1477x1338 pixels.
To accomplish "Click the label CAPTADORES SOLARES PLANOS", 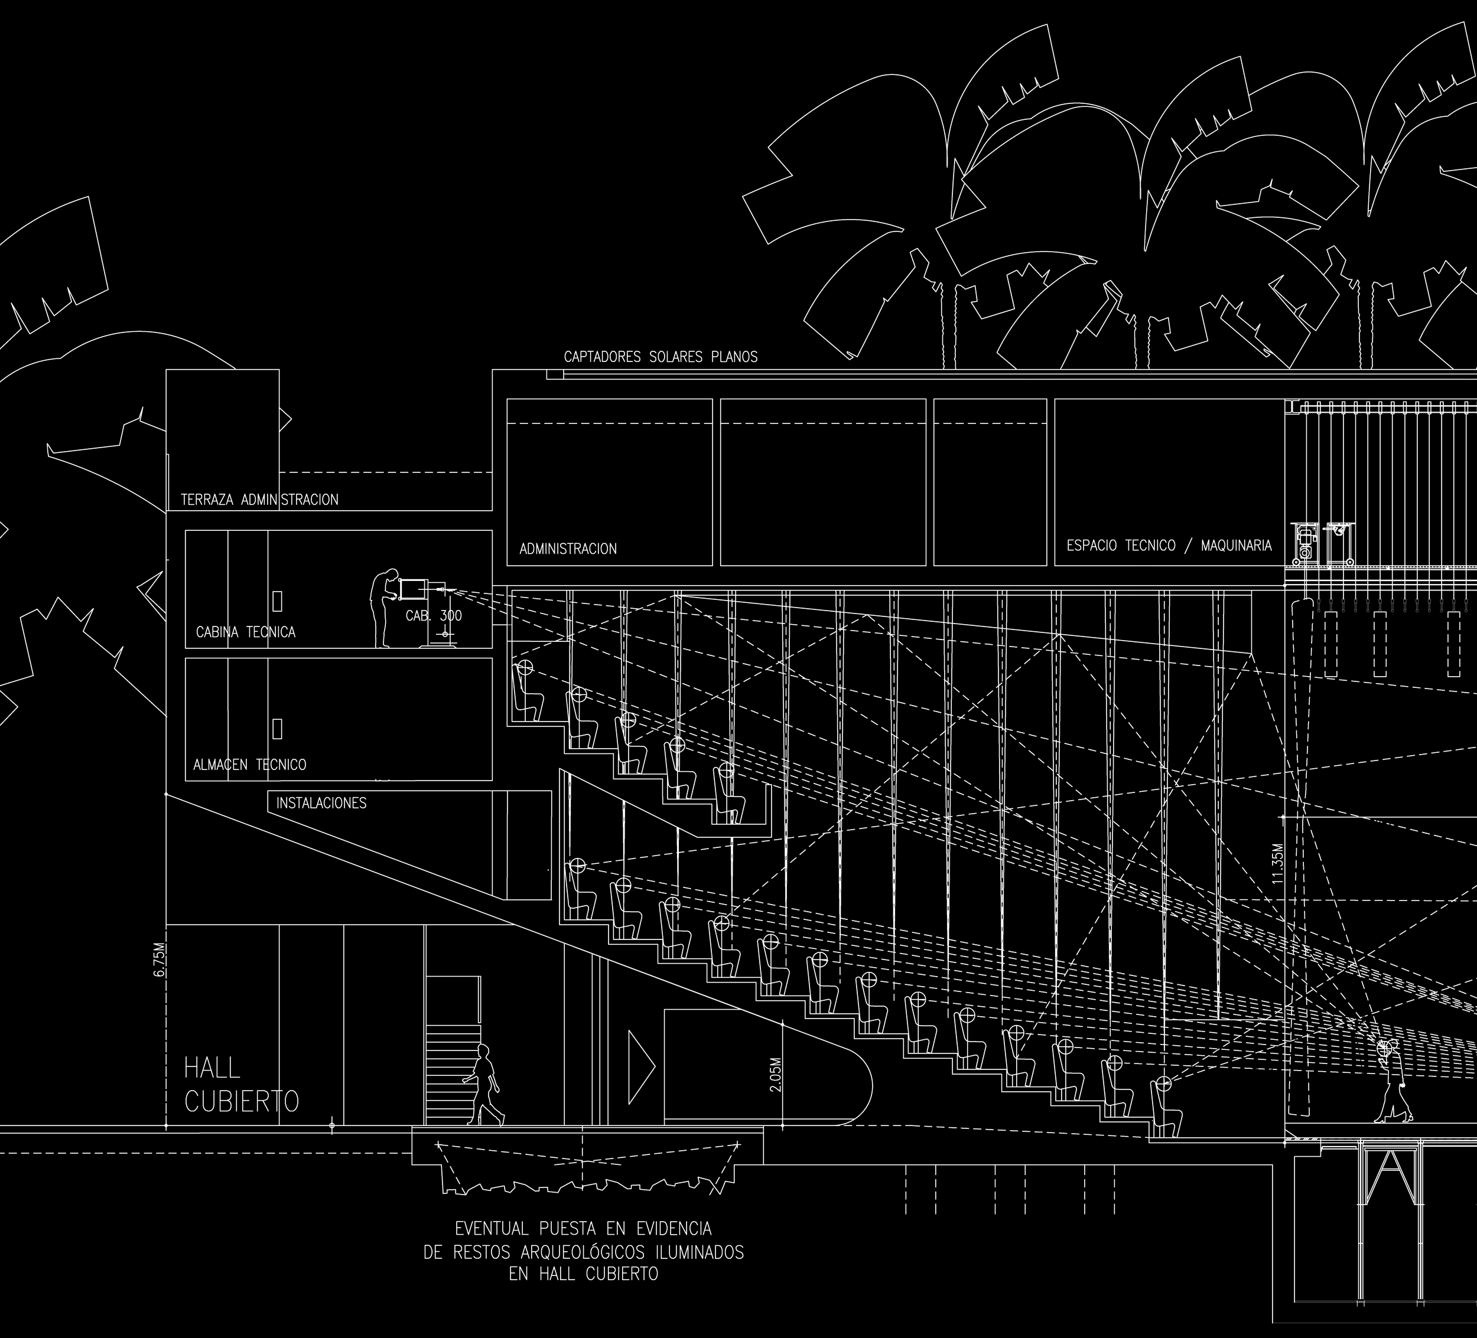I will (660, 357).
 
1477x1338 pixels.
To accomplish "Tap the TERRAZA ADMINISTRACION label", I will (259, 500).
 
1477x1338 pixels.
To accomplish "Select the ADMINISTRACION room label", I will (568, 549).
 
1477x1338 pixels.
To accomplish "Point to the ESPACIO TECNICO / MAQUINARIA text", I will (1169, 546).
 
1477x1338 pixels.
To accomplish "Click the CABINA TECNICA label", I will (245, 632).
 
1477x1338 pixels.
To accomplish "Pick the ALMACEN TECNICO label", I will (249, 765).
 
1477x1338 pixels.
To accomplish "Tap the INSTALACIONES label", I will (321, 804).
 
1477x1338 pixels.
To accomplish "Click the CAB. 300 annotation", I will (434, 616).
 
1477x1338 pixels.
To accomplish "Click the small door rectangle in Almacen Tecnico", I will (278, 729).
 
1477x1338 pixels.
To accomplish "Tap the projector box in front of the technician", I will (412, 589).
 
